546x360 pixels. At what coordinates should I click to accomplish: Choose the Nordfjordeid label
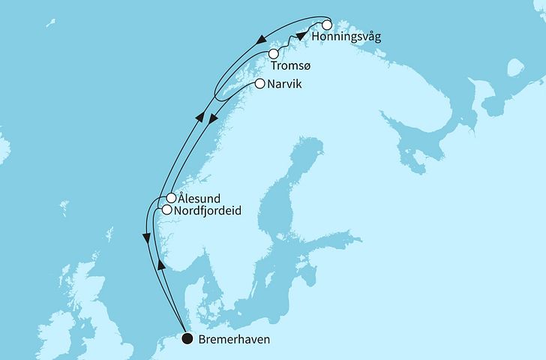pyautogui.click(x=211, y=211)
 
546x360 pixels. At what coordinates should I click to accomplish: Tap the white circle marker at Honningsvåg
pyautogui.click(x=326, y=24)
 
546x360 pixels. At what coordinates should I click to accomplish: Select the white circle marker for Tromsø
pyautogui.click(x=274, y=54)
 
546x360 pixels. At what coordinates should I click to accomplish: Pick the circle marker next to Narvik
pyautogui.click(x=260, y=84)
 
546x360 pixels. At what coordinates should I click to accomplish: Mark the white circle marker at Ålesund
pyautogui.click(x=172, y=199)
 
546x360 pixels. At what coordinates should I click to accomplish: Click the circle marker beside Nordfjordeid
pyautogui.click(x=166, y=211)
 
